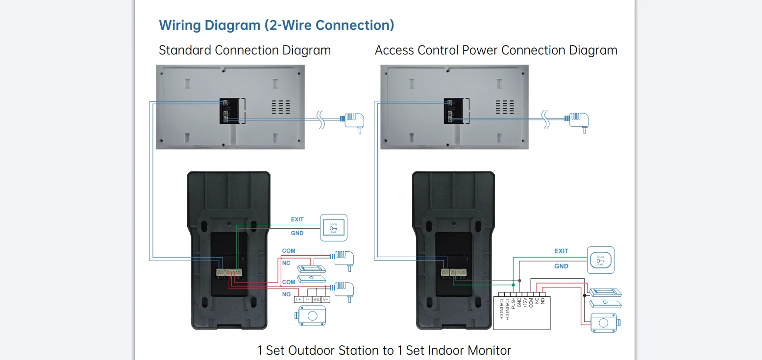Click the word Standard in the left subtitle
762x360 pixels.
point(185,50)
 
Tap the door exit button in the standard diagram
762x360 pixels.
point(334,228)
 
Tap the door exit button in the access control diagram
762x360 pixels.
point(600,260)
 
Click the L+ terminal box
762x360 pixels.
point(298,299)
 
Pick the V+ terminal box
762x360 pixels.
point(325,299)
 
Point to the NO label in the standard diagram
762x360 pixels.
point(287,294)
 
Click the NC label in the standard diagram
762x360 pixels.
point(287,263)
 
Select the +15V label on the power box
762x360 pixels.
point(525,302)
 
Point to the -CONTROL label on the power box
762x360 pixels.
point(501,309)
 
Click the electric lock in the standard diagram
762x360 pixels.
point(312,315)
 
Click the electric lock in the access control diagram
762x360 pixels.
point(605,323)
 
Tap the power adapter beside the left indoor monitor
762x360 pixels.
point(352,120)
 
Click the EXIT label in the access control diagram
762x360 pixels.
point(561,251)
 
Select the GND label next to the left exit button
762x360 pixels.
point(297,233)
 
